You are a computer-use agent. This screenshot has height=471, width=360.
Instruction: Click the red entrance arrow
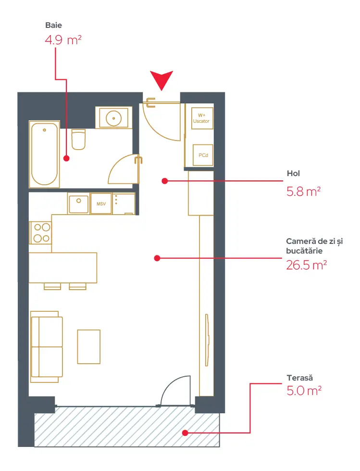pos(161,79)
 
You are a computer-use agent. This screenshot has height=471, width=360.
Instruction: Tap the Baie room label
pos(54,25)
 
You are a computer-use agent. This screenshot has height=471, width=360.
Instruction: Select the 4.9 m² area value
pos(63,40)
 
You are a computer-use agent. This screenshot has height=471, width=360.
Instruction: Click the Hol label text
pos(293,173)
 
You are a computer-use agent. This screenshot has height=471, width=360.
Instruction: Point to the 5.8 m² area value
pos(304,191)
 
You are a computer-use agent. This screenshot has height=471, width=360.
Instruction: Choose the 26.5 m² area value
pos(306,265)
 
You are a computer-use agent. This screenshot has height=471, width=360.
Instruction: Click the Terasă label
pos(300,378)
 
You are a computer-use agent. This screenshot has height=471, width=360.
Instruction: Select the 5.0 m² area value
pos(304,391)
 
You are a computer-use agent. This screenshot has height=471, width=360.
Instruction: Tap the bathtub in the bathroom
pos(44,154)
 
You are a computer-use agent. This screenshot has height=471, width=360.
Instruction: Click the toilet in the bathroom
pos(79,140)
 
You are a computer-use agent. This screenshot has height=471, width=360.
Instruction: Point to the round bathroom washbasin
pos(114,118)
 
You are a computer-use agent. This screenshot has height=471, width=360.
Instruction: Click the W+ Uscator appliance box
pos(202,118)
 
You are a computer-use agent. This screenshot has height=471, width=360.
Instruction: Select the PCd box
pos(203,155)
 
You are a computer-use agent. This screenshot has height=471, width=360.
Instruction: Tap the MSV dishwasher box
pos(101,204)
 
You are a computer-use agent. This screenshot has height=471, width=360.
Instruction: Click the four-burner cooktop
pos(40,233)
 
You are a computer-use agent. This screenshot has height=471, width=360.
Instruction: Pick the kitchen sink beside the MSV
pos(79,204)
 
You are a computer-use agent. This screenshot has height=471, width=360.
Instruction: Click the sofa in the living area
pos(47,347)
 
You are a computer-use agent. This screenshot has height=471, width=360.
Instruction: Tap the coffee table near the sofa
pos(89,347)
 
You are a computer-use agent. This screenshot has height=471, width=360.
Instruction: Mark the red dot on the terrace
pos(185,433)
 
